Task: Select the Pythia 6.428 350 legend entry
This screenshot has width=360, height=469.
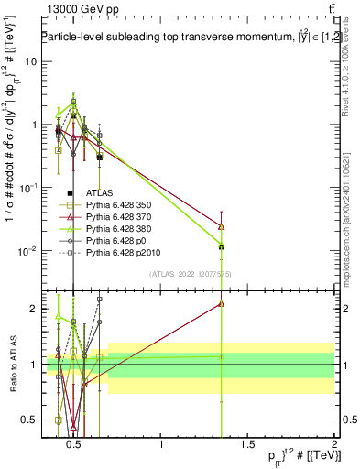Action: point(119,207)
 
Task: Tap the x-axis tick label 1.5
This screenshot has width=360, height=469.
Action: point(247,444)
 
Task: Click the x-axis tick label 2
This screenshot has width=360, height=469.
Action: point(333,444)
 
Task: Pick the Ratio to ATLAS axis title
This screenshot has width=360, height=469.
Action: point(11,364)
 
